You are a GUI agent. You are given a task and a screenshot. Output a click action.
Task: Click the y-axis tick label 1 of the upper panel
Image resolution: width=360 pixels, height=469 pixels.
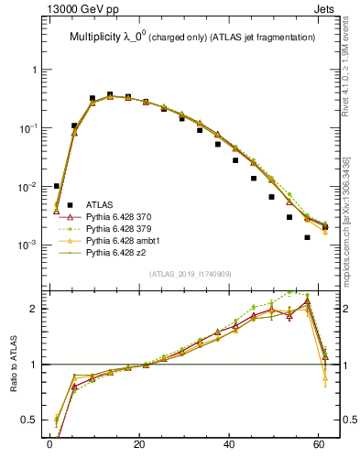34,70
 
